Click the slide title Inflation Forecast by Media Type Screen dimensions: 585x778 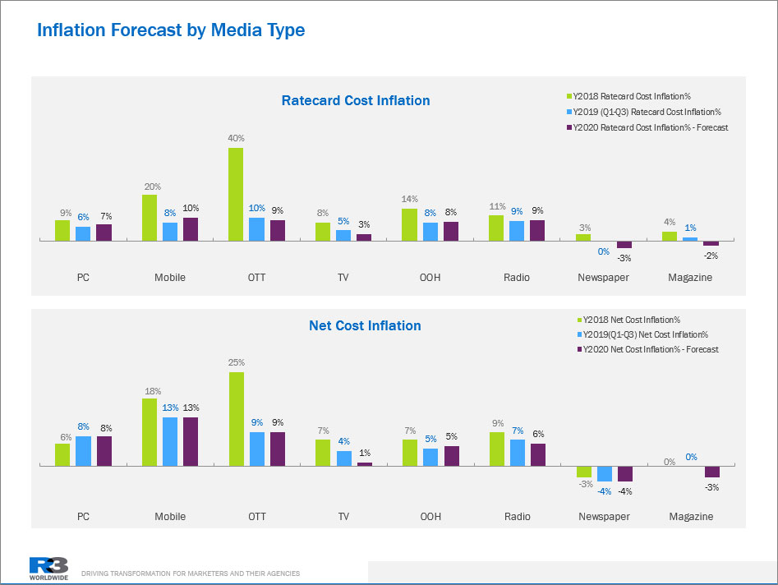click(x=171, y=31)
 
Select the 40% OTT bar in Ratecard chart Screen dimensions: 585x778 click(x=236, y=194)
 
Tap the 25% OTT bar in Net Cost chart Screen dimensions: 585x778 click(x=236, y=419)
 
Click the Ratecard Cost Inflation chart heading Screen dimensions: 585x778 click(x=355, y=101)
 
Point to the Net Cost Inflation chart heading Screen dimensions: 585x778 click(x=365, y=326)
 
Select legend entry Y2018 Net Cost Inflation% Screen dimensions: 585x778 click(x=629, y=320)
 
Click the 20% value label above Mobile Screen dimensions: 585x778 click(x=152, y=187)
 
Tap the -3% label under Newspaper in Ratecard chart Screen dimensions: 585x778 click(x=624, y=258)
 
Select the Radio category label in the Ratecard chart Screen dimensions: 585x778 click(x=517, y=278)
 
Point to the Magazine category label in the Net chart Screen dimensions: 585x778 click(x=690, y=517)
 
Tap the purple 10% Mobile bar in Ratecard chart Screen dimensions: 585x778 click(x=191, y=229)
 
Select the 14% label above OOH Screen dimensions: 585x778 click(x=410, y=199)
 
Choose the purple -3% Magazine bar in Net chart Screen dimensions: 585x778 click(x=711, y=472)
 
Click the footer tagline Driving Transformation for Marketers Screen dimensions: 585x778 click(x=191, y=573)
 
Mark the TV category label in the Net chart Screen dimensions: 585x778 click(x=343, y=517)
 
